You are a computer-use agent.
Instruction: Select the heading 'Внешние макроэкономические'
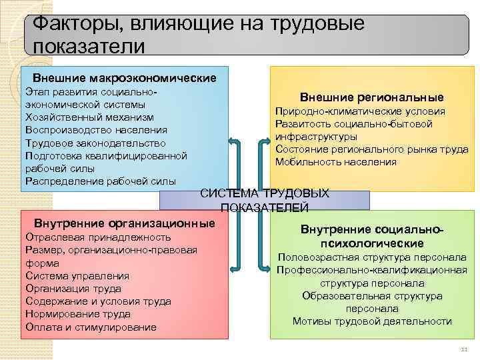coord(125,78)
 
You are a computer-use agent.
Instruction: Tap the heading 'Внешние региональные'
coord(371,97)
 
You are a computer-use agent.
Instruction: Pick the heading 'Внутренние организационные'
coord(125,223)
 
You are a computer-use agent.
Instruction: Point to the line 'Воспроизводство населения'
coord(96,129)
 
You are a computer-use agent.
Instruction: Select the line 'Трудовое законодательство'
coord(94,143)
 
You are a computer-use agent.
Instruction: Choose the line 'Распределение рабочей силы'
coord(100,181)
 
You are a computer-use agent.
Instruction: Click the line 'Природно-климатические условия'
coord(361,111)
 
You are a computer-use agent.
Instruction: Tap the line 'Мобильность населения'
coord(335,162)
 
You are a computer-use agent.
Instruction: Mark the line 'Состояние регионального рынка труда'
coord(371,149)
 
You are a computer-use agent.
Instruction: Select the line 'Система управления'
coord(77,275)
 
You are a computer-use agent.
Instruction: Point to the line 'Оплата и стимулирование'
coord(91,327)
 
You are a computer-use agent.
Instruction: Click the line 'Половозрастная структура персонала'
coord(372,257)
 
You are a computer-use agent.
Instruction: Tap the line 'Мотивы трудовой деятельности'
coord(372,321)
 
